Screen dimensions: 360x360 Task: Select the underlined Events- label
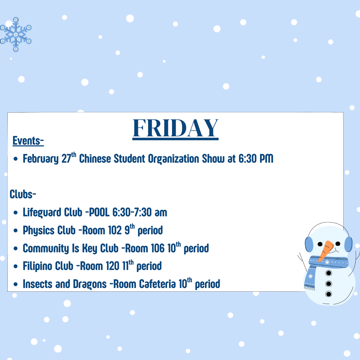click(x=28, y=141)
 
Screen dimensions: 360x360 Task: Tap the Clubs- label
click(x=23, y=194)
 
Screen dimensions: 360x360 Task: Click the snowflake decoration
click(x=16, y=34)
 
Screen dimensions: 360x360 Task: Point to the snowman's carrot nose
click(x=326, y=250)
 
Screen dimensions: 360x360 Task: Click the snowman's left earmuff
click(x=309, y=244)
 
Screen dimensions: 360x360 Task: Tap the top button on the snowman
click(x=329, y=273)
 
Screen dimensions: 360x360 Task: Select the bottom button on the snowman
click(x=329, y=294)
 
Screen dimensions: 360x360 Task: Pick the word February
click(x=41, y=159)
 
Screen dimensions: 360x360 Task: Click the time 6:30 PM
click(x=256, y=159)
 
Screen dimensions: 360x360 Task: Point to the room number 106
click(x=158, y=248)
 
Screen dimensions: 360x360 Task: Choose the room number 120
click(x=113, y=266)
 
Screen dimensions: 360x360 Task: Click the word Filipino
click(x=36, y=266)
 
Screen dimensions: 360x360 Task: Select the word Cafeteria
click(x=157, y=284)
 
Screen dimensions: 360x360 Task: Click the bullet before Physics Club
click(x=15, y=230)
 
